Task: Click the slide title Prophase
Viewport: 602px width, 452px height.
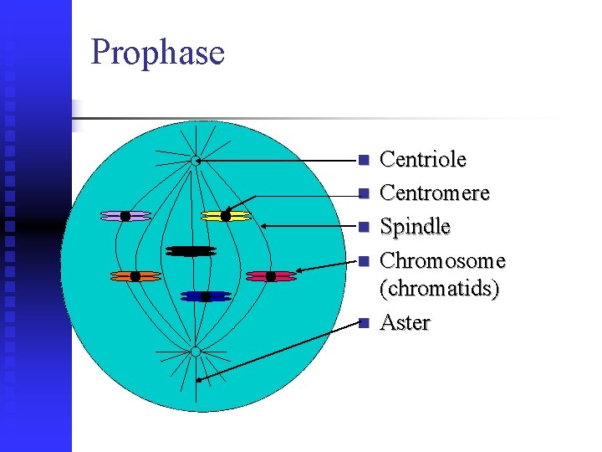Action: (x=157, y=53)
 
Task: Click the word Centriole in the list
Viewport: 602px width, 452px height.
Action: (x=422, y=159)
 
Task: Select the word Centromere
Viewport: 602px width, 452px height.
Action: (x=434, y=193)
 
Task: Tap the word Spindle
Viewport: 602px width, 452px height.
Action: (x=415, y=227)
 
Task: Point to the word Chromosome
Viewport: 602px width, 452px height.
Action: (x=442, y=261)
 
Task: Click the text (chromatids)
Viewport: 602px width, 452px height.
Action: (x=439, y=289)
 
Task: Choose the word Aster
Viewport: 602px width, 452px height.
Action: (x=405, y=322)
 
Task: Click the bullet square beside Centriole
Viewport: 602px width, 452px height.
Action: (x=362, y=160)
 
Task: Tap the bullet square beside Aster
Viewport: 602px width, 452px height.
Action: (x=362, y=323)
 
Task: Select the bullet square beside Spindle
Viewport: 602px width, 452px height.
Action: (x=362, y=228)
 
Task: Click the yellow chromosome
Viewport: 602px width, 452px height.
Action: (x=226, y=216)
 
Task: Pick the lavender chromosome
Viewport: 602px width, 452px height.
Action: (x=125, y=216)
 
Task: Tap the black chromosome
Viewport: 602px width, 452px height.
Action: (x=191, y=250)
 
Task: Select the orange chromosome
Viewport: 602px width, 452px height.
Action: (x=135, y=276)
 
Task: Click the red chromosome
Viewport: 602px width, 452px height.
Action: (x=270, y=276)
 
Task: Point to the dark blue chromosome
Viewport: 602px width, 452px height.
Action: (x=205, y=296)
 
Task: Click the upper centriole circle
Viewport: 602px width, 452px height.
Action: (x=195, y=160)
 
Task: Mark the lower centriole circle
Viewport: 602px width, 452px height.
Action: (x=195, y=352)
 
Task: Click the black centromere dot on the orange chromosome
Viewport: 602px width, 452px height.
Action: (x=135, y=276)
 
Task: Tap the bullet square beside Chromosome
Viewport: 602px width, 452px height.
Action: (x=362, y=262)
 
